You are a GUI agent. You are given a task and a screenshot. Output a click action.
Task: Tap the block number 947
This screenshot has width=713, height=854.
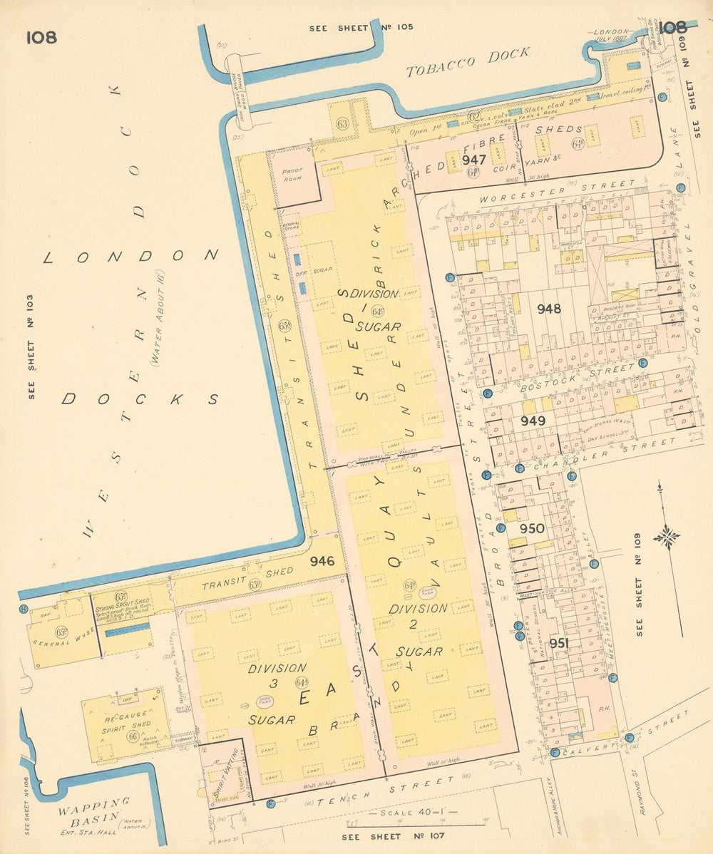tap(474, 160)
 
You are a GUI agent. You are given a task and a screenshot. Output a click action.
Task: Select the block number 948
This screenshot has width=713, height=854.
tap(549, 309)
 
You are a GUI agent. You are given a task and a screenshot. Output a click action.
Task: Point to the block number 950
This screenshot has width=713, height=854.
tap(532, 529)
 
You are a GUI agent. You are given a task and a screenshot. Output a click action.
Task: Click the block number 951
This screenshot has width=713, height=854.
tap(559, 644)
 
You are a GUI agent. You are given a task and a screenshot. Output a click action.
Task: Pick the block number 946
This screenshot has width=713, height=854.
tap(322, 562)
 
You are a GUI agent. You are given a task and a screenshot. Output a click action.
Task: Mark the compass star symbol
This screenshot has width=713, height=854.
tap(667, 536)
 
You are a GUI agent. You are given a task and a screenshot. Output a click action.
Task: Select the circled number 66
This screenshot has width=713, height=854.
tap(133, 736)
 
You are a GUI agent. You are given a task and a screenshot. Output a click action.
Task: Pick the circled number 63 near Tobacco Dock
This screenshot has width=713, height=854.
tap(342, 124)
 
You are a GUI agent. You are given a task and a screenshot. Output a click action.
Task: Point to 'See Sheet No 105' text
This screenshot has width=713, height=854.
tap(361, 28)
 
